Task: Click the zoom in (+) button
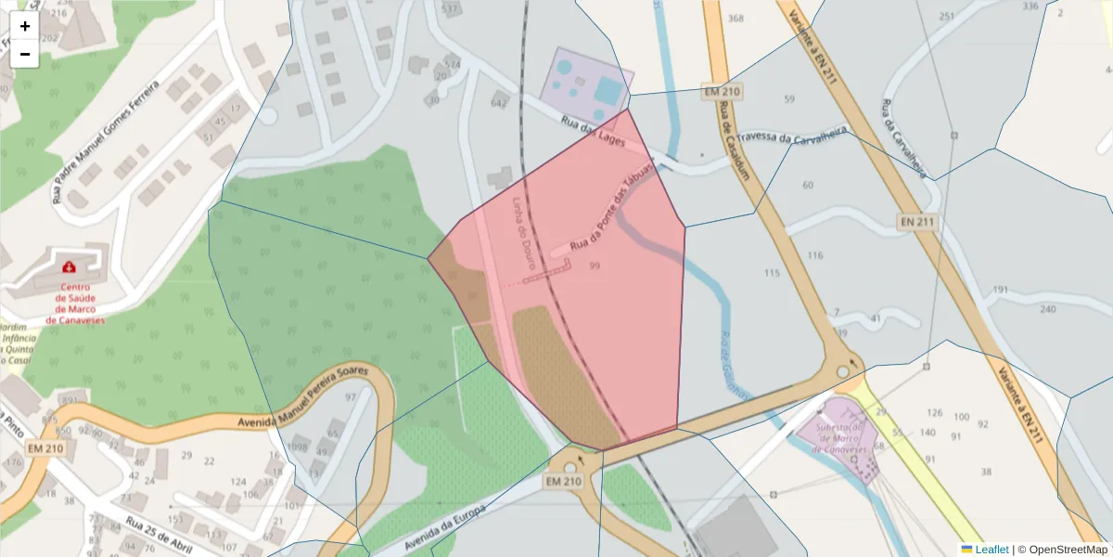pos(24,26)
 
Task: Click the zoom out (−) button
pos(24,54)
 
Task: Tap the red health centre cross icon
pos(69,267)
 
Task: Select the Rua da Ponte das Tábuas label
pos(611,204)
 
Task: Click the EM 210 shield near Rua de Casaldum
pos(722,92)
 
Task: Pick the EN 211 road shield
pos(918,223)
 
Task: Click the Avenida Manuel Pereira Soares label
pos(303,396)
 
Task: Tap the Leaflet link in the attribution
pos(991,550)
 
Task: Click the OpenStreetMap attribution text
pos(1067,550)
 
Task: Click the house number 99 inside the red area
pos(594,266)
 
